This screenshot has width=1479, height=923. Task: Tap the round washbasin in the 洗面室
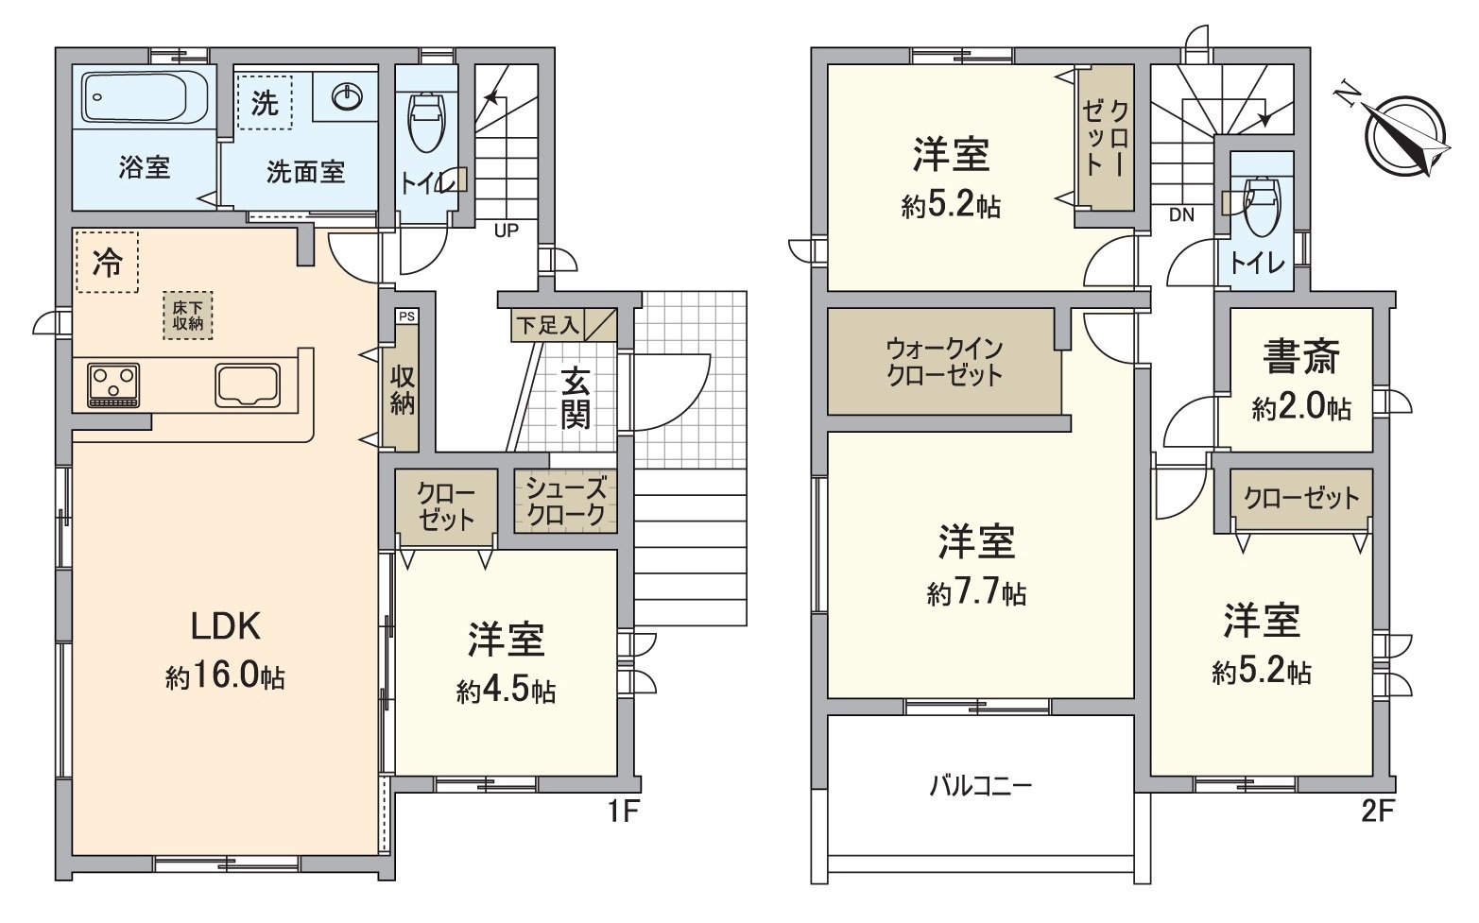coord(348,95)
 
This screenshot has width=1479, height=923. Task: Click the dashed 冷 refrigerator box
coord(107,263)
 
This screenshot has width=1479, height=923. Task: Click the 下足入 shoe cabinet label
coord(547,326)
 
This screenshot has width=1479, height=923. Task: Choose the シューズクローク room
coord(566,502)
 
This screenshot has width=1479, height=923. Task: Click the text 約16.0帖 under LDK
coord(225,676)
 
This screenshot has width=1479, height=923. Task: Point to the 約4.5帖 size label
coord(506,692)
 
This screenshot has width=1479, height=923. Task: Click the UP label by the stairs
coord(507,230)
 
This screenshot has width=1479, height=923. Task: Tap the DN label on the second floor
coord(1181,214)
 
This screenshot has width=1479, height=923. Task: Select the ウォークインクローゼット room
coord(944,361)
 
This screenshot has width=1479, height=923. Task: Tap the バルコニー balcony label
coord(981,785)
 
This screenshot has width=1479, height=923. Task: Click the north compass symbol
coord(1402,135)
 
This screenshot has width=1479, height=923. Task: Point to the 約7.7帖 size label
coord(976,593)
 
